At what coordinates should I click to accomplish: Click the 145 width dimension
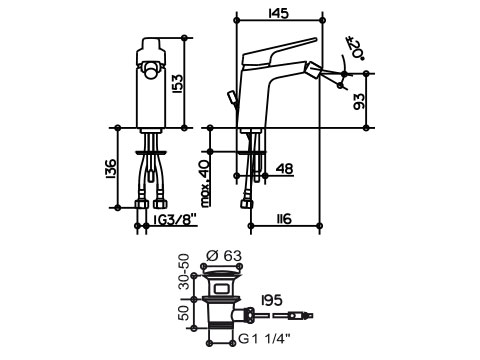coord(278,13)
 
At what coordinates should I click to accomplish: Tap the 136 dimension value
coord(110,169)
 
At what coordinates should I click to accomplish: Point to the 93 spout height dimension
coord(359,101)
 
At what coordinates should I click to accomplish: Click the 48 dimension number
coord(284,169)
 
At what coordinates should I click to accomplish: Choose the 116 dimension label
coord(282,219)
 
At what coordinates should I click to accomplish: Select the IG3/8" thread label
coord(175,219)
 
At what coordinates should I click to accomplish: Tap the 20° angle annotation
coord(355,48)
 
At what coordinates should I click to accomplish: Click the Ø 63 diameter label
coord(224,256)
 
